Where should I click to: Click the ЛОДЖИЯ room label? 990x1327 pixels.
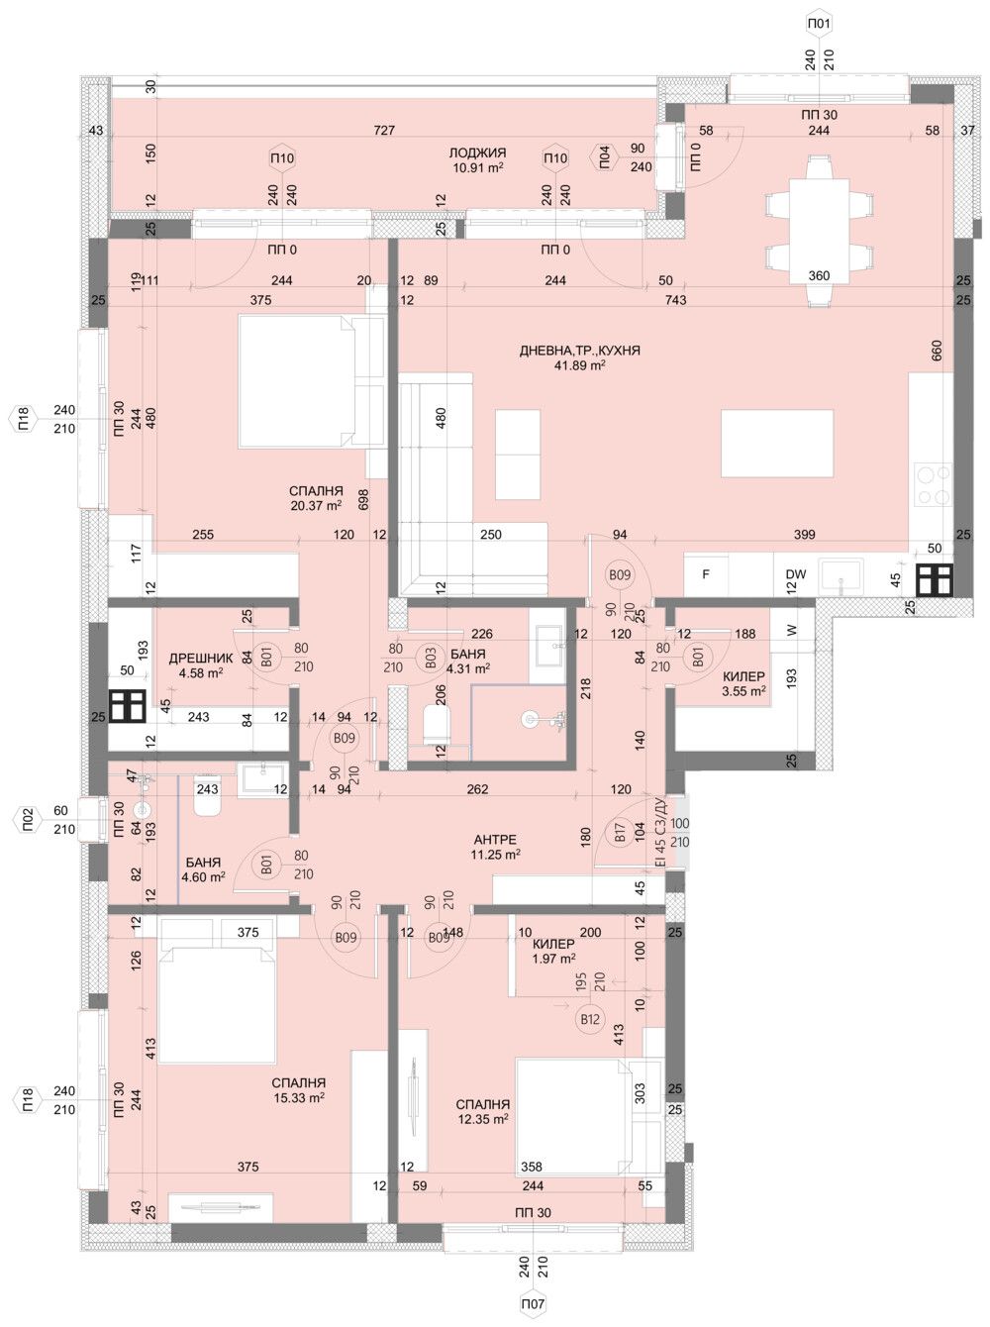pos(477,153)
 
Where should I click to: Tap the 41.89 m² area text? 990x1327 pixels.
pos(580,365)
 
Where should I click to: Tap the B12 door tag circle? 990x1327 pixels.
pos(590,1018)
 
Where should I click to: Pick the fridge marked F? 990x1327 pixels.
pos(706,574)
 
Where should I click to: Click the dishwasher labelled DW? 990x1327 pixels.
pos(795,574)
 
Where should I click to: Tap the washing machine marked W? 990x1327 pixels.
pos(792,630)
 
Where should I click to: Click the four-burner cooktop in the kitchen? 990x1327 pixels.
pos(932,486)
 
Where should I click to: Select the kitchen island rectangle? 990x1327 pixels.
pos(777,443)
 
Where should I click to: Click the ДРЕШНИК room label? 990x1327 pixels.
pos(201,658)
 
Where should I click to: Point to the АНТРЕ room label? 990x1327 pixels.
pos(495,840)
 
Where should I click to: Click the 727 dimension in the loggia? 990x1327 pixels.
pos(384,131)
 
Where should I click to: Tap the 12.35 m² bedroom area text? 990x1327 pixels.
pos(483,1119)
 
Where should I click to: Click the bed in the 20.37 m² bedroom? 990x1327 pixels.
pos(297,381)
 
